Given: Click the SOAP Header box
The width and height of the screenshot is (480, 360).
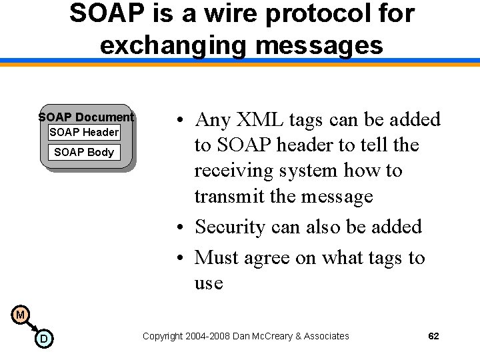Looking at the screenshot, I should [84, 132].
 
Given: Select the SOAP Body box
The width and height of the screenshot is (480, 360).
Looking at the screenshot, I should [84, 152].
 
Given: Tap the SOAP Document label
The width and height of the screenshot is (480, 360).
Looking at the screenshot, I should [86, 117].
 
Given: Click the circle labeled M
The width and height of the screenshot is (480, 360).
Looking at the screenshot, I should [21, 315].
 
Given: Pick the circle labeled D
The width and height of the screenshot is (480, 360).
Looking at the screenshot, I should [43, 339].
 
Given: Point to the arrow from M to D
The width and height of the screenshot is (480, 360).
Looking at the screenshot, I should [31, 327].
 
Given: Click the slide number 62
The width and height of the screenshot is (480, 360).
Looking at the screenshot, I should [433, 336].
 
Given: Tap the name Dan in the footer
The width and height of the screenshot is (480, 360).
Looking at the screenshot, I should [242, 336].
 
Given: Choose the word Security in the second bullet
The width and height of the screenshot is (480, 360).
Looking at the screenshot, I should [231, 227].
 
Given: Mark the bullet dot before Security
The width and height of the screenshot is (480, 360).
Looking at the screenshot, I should [181, 228].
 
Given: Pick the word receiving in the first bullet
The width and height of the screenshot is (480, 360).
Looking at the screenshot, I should [233, 171].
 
